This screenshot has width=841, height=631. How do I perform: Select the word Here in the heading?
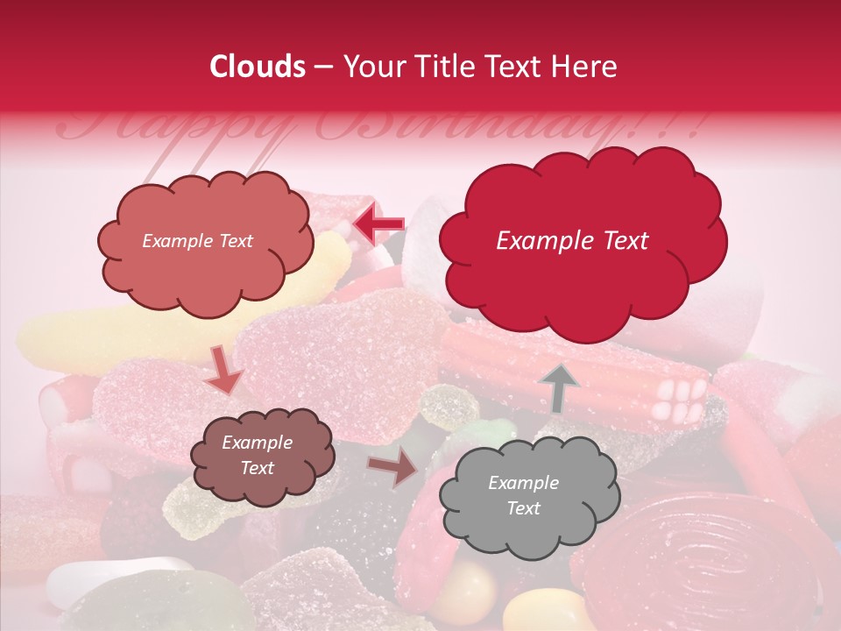(584, 67)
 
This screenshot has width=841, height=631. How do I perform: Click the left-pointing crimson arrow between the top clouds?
(378, 224)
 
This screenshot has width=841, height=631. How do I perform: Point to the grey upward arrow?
(559, 386)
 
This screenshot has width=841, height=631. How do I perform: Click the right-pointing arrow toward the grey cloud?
(393, 468)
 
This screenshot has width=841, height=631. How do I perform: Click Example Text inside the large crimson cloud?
(572, 241)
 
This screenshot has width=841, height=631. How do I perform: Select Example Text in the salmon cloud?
(197, 241)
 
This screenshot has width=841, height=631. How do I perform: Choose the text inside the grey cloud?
(523, 495)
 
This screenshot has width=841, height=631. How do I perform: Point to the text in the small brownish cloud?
(257, 456)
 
